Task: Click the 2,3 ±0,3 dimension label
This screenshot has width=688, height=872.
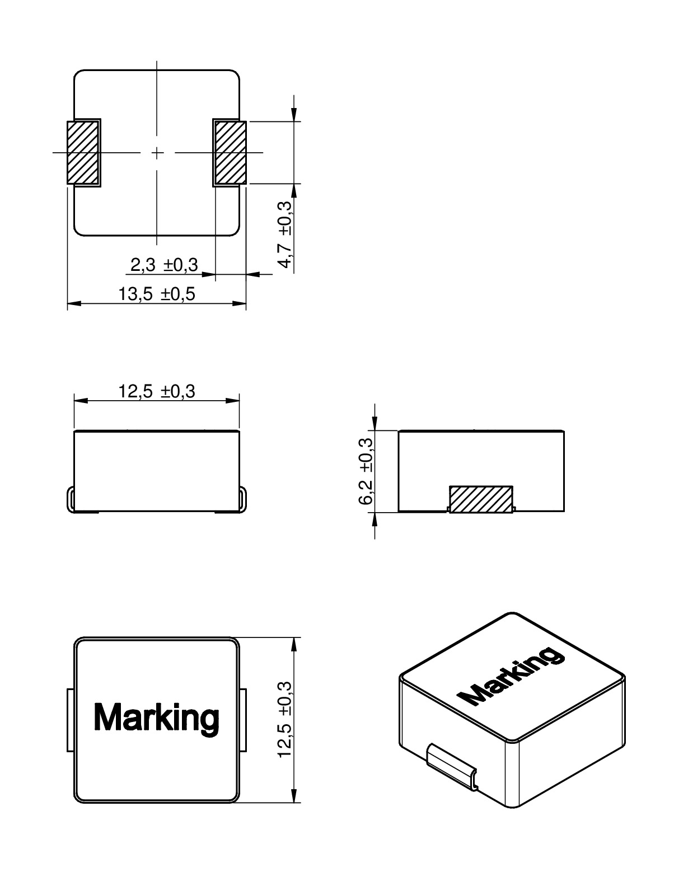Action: tap(164, 265)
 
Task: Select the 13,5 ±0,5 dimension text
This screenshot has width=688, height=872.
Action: tap(157, 294)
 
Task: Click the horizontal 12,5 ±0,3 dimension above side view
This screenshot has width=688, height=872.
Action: tap(157, 391)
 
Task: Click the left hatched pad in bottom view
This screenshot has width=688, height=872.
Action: tap(83, 153)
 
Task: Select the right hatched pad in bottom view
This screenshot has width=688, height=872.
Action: tap(230, 153)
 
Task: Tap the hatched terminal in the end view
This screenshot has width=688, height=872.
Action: tap(481, 499)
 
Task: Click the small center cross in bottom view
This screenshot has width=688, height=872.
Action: tap(157, 152)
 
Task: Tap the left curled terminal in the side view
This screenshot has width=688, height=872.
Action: tap(71, 498)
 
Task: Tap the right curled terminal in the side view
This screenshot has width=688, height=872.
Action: tap(242, 498)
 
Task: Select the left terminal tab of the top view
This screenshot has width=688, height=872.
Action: tap(71, 720)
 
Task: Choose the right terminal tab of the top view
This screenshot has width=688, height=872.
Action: tap(244, 720)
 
